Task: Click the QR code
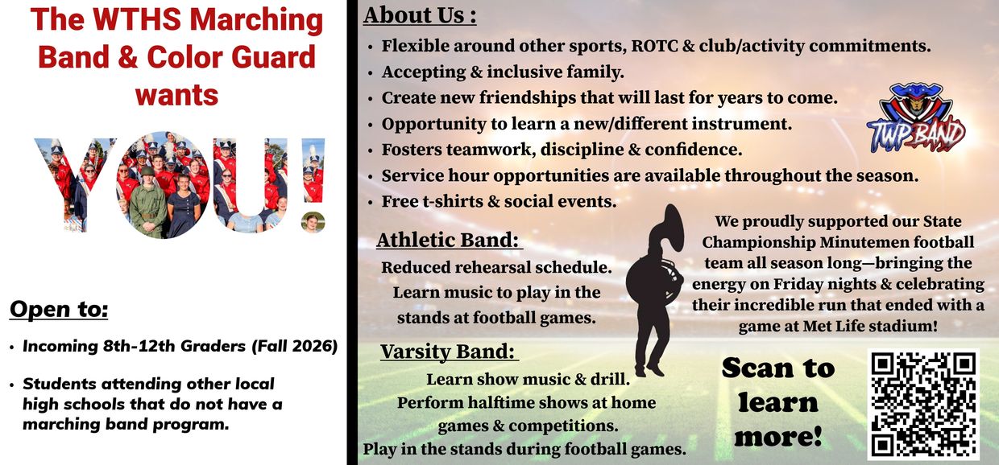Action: [x=923, y=404]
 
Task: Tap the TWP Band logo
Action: [x=916, y=119]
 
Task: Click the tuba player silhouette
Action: [x=655, y=290]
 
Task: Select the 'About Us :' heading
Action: [x=420, y=15]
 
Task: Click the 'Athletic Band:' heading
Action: [x=449, y=240]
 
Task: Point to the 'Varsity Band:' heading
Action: [x=448, y=351]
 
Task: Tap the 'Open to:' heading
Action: [x=59, y=309]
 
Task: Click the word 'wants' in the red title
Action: [x=176, y=96]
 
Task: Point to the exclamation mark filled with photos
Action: [x=313, y=185]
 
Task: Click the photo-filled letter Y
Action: [x=73, y=185]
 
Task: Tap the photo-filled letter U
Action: [x=250, y=185]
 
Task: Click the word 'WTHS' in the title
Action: [x=137, y=20]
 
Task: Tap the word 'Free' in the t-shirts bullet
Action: [x=400, y=201]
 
